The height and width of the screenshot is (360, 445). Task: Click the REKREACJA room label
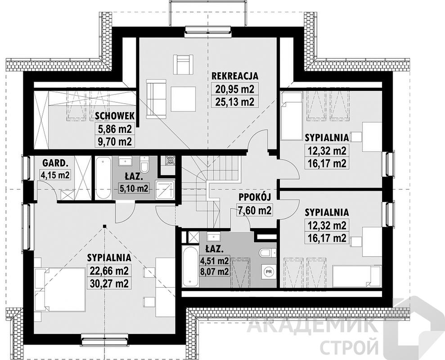[x=235, y=76]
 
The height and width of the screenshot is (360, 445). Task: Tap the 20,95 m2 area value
[x=235, y=89]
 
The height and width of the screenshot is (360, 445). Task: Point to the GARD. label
[x=55, y=163]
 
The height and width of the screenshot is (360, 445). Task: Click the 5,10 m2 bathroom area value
[x=134, y=188]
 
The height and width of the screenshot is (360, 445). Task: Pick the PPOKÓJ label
[x=255, y=197]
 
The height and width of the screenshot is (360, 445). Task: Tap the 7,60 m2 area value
[x=255, y=211]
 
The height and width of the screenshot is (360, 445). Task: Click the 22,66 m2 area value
[x=109, y=270]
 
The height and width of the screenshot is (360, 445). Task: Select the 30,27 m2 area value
[x=109, y=283]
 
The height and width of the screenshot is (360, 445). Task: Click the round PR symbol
[x=269, y=272]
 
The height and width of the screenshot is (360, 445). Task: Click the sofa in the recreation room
[x=156, y=99]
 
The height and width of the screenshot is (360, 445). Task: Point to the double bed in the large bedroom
[x=59, y=289]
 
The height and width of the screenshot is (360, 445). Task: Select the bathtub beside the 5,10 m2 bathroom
[x=103, y=179]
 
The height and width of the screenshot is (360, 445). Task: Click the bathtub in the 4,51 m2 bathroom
[x=190, y=266]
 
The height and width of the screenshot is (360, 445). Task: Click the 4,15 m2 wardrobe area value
[x=55, y=175]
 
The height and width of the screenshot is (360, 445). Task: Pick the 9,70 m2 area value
[x=115, y=141]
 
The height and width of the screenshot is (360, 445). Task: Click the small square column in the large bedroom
[x=105, y=226]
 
